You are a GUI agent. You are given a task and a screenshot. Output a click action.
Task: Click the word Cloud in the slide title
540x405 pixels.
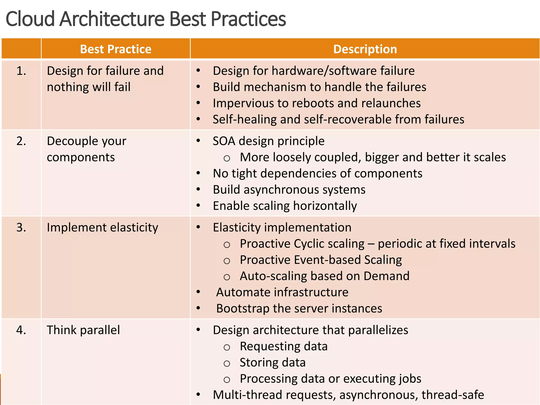point(30,19)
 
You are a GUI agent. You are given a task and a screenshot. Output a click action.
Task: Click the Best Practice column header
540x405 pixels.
point(115,49)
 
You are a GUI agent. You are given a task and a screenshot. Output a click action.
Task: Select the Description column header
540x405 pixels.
point(365,49)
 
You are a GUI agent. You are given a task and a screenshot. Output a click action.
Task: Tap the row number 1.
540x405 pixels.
point(21,71)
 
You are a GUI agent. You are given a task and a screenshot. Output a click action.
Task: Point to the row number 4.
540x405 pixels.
point(21,330)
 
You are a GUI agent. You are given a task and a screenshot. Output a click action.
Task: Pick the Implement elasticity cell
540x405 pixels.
point(102,228)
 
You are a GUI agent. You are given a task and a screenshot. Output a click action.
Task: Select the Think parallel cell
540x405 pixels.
point(83,330)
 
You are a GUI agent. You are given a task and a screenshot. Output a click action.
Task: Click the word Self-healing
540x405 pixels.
point(244,119)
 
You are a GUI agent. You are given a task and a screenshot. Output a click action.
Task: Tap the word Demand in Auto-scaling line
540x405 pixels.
point(386,276)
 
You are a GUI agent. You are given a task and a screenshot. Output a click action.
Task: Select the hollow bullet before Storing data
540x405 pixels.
point(227,364)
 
